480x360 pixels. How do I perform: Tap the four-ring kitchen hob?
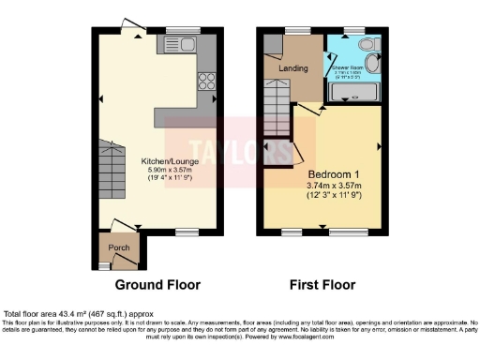tap(205, 81)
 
